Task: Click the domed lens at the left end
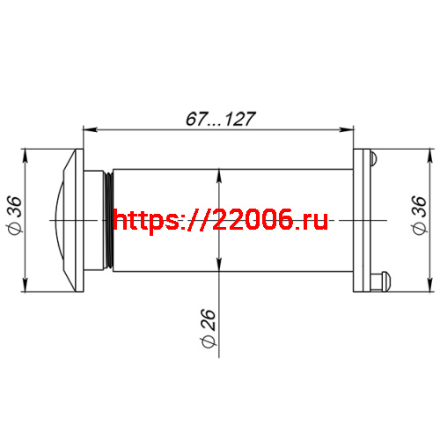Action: click(x=60, y=220)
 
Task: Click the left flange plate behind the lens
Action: click(x=80, y=220)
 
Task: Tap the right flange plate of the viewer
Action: click(x=363, y=220)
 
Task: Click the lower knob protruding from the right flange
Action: click(x=380, y=282)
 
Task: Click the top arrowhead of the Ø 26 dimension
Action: click(x=218, y=174)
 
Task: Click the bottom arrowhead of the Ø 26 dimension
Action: click(x=218, y=266)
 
